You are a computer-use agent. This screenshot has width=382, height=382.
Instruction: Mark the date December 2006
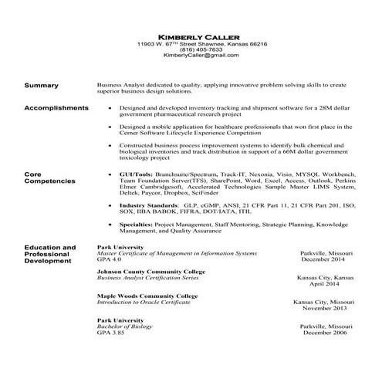coord(326,333)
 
